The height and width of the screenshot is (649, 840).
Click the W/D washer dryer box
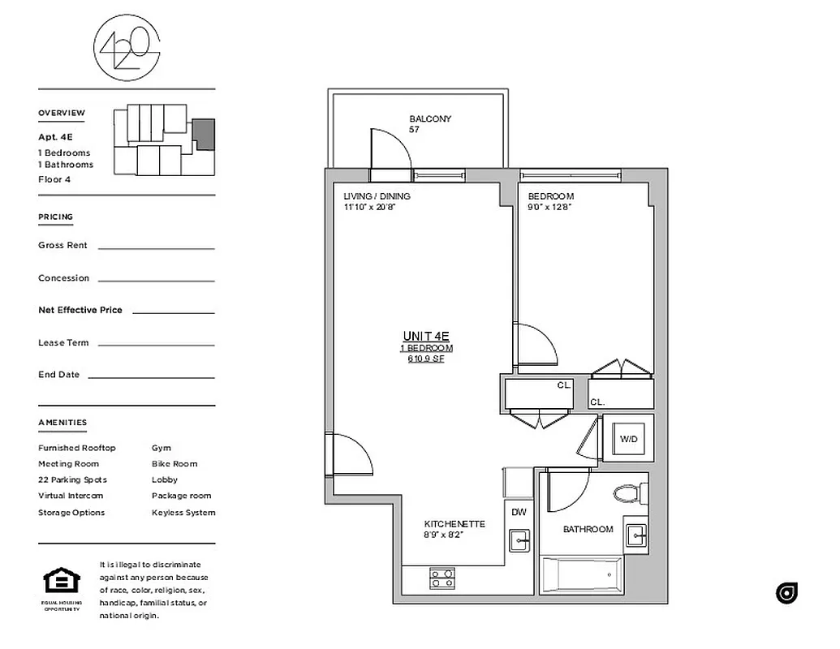tap(628, 439)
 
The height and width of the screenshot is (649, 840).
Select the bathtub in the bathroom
tap(581, 577)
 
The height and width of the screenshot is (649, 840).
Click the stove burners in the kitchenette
tap(442, 578)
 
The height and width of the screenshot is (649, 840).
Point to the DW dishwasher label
tap(519, 512)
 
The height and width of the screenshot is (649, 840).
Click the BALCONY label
tap(430, 119)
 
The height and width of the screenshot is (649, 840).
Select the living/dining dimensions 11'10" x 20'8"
tap(369, 207)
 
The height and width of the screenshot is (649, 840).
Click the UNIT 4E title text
tap(426, 336)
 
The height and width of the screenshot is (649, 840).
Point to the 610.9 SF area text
tap(426, 359)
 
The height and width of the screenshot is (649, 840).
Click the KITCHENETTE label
tap(454, 524)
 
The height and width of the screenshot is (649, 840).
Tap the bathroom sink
tap(636, 535)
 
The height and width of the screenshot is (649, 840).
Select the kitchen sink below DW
tap(519, 539)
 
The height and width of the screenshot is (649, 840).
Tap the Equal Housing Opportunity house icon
tap(62, 582)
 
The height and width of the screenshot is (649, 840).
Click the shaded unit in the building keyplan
tap(204, 133)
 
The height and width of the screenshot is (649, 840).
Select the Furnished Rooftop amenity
tap(77, 448)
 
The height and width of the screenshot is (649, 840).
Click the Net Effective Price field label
tap(80, 310)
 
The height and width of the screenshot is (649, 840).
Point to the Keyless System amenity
tap(183, 513)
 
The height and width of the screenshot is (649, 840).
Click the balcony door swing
tap(388, 150)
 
